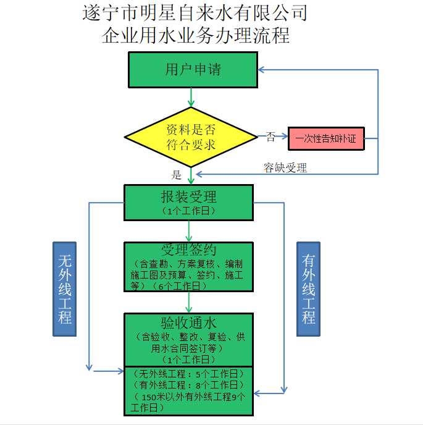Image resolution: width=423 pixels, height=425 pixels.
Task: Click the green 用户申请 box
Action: pyautogui.click(x=193, y=70)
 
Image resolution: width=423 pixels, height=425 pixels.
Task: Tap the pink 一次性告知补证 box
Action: pyautogui.click(x=326, y=138)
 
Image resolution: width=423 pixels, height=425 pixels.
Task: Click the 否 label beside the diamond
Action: pyautogui.click(x=270, y=137)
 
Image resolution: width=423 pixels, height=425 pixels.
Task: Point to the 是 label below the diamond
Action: pyautogui.click(x=177, y=175)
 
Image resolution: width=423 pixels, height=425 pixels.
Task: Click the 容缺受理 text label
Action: pyautogui.click(x=285, y=167)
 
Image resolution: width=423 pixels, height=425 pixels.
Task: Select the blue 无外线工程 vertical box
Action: pyautogui.click(x=65, y=287)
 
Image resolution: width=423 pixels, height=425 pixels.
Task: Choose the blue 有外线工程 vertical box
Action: pyautogui.click(x=308, y=287)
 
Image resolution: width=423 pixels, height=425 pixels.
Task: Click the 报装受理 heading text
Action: pyautogui.click(x=189, y=197)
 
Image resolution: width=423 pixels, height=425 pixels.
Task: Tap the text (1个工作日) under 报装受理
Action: pyautogui.click(x=189, y=211)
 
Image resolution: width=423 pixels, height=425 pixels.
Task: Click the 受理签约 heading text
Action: pyautogui.click(x=189, y=250)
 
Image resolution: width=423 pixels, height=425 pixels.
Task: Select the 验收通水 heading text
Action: pyautogui.click(x=189, y=323)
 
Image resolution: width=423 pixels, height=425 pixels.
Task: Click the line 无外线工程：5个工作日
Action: pyautogui.click(x=188, y=373)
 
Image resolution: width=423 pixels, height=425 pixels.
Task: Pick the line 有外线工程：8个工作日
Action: pyautogui.click(x=188, y=385)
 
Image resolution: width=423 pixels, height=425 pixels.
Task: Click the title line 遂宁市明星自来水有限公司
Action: pyautogui.click(x=195, y=13)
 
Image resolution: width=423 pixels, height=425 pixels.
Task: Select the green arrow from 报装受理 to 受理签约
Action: pyautogui.click(x=190, y=230)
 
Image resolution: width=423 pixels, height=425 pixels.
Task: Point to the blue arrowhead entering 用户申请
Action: pyautogui.click(x=262, y=69)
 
